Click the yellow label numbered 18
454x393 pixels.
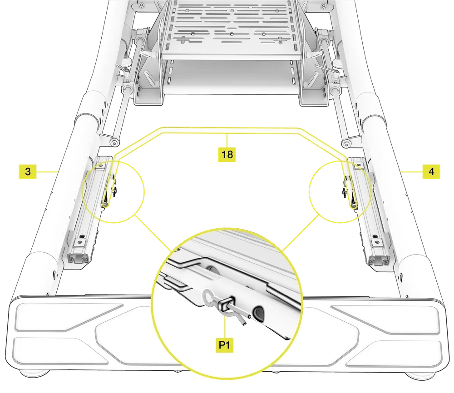(227, 154)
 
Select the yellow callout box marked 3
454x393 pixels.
(28, 172)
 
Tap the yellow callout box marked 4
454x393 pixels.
(430, 172)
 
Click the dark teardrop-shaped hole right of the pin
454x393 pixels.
(259, 313)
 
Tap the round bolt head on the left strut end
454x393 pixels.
(112, 143)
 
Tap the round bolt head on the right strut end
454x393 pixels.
(346, 143)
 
